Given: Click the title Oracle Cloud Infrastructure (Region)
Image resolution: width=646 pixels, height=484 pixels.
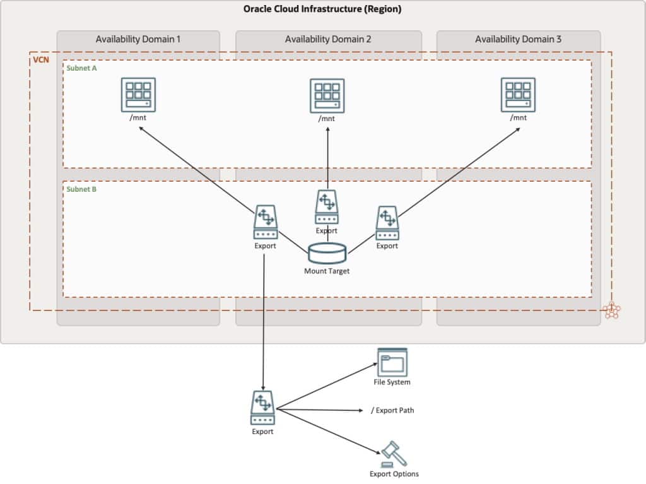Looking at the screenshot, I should (x=322, y=9).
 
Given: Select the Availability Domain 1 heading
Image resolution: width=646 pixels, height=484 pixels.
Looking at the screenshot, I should (x=138, y=39).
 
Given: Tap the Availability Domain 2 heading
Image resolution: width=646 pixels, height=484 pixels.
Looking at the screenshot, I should (x=328, y=39).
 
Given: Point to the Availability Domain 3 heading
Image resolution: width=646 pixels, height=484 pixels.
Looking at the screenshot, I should (x=518, y=39).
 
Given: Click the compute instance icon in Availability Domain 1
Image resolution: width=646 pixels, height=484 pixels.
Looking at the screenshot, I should (x=138, y=95).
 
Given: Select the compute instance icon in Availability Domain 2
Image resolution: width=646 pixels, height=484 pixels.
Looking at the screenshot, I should (x=327, y=95).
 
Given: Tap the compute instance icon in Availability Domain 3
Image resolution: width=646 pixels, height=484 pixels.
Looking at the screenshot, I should (x=518, y=95).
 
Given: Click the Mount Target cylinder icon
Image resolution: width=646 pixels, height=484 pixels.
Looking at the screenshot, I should (x=327, y=253).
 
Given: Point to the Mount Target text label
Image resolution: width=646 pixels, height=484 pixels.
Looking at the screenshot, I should (x=327, y=271).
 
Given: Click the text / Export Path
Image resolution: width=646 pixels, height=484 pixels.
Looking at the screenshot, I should (x=392, y=410).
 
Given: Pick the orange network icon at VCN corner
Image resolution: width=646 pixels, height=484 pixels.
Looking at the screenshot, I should (x=611, y=310).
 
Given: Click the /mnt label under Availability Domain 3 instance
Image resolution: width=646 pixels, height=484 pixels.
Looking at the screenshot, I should (x=518, y=118).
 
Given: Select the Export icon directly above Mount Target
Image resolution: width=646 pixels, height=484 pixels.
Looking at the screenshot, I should (x=327, y=207).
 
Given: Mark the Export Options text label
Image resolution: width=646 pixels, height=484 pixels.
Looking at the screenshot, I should (x=394, y=474).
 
